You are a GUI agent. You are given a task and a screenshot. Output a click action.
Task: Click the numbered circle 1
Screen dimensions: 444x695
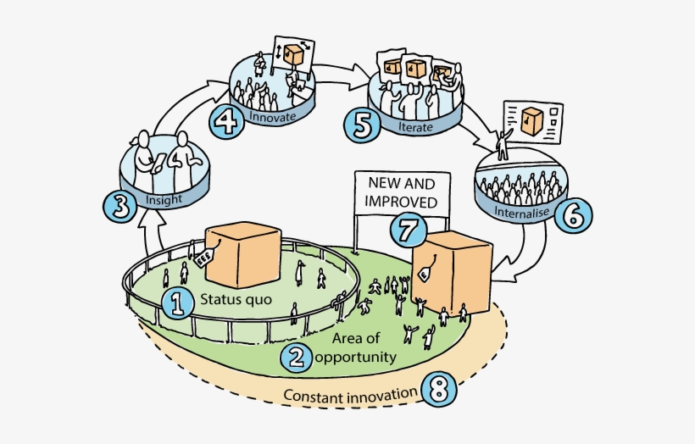pos(178,302)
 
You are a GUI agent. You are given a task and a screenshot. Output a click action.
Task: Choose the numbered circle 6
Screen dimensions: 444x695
pos(574,214)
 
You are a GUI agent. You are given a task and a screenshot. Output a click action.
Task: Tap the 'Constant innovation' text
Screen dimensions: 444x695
pos(350,395)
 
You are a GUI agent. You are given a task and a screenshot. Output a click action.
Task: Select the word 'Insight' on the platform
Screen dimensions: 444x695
pos(164,201)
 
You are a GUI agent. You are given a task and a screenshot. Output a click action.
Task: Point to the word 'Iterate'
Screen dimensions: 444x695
pos(415,126)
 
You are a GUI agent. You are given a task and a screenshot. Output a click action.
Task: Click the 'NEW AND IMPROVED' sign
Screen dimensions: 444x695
pos(402,192)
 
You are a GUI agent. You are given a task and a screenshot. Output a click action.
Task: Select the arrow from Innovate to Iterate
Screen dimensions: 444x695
pos(343,68)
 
